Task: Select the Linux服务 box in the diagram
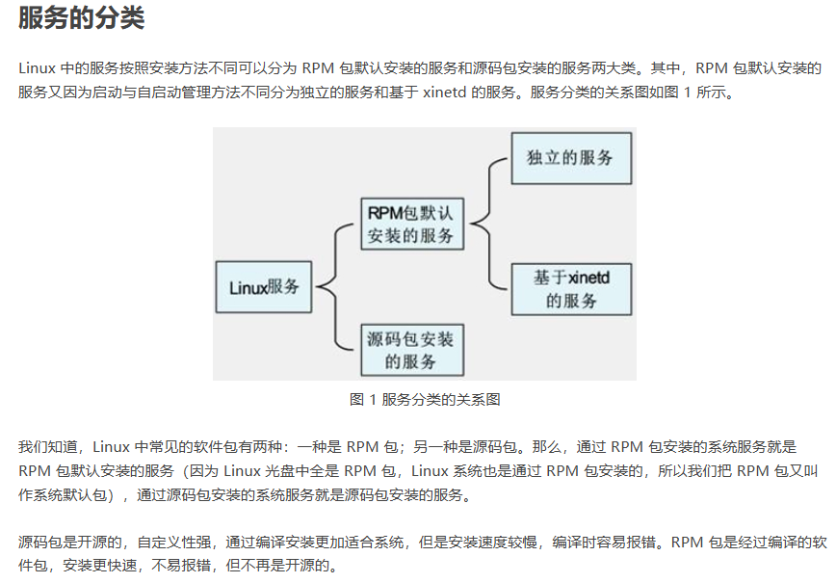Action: (x=264, y=286)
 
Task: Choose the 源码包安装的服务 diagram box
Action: (x=409, y=350)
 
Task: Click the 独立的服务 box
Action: (x=570, y=157)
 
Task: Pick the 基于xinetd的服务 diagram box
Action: (x=570, y=289)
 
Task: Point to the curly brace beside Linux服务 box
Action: (x=332, y=286)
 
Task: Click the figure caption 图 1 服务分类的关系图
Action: (x=425, y=399)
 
